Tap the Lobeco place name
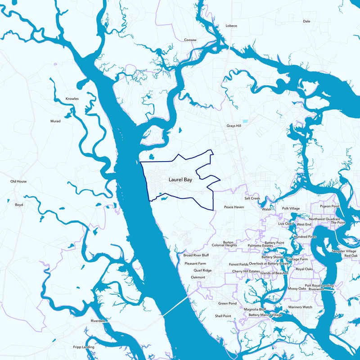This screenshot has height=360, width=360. (231, 26)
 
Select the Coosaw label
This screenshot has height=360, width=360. (191, 40)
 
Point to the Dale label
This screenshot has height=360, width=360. (306, 21)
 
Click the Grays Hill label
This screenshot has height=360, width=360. (234, 126)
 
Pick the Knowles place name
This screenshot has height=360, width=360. (72, 98)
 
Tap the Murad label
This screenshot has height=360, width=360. (55, 121)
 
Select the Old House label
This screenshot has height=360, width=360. (18, 181)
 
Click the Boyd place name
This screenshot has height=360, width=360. (19, 205)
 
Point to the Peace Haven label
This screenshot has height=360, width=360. (234, 207)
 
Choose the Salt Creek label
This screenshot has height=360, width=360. (252, 198)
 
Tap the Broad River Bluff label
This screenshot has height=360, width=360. (196, 255)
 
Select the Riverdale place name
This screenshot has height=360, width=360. (98, 321)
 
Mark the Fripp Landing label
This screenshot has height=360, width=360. (84, 347)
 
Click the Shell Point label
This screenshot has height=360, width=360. (223, 316)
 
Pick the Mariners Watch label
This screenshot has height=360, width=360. (300, 307)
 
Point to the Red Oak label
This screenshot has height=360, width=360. (351, 256)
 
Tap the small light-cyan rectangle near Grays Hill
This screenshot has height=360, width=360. (245, 121)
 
